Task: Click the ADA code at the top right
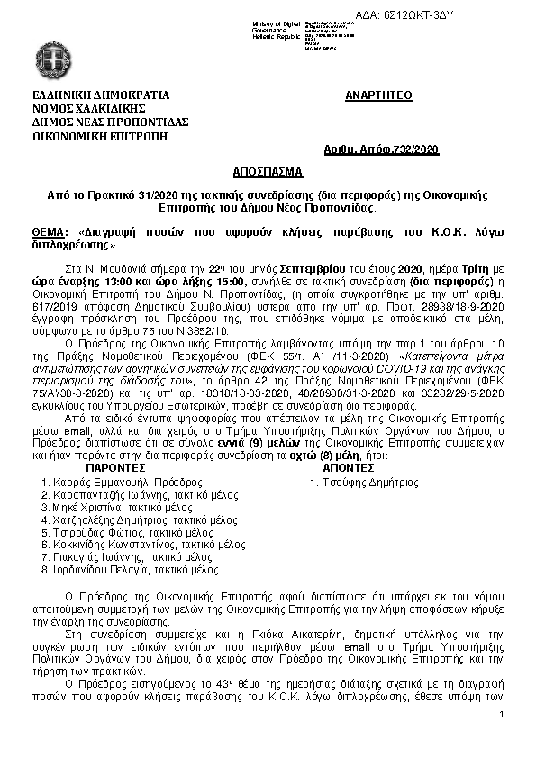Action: coord(468,15)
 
